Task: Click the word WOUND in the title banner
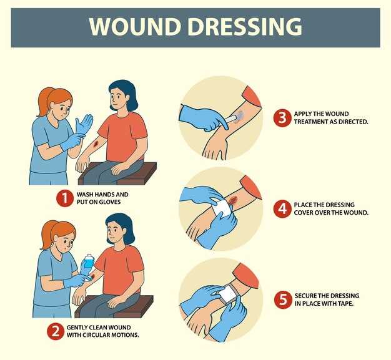(135, 26)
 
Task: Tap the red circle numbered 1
(65, 198)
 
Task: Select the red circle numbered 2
(56, 331)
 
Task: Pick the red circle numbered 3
(282, 118)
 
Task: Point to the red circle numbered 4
(282, 209)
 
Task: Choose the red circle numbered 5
(283, 299)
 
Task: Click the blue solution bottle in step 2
(88, 261)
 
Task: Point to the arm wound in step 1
(96, 144)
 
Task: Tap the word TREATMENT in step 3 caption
(310, 122)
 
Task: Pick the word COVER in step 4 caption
(304, 213)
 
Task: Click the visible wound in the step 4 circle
(233, 199)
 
